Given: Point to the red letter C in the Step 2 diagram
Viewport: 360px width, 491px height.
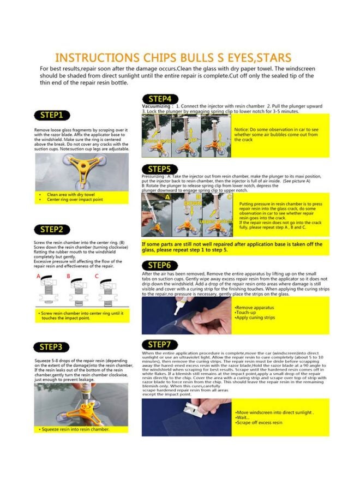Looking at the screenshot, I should (97, 277).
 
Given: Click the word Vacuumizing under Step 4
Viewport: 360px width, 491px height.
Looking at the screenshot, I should (157, 105).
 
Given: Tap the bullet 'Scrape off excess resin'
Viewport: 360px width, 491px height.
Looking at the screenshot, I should (259, 423).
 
